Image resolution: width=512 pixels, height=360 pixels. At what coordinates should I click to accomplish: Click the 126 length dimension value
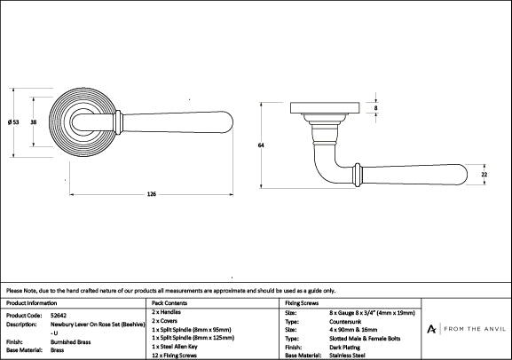(151, 195)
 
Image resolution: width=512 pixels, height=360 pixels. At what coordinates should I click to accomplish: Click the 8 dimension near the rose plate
(375, 108)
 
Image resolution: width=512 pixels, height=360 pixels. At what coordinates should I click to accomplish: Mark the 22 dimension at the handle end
(484, 176)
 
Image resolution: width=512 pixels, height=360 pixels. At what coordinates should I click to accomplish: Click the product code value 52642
(59, 315)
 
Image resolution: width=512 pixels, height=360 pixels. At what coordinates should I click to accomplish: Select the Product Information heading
(32, 303)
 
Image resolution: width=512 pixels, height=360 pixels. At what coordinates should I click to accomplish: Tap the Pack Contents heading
(170, 303)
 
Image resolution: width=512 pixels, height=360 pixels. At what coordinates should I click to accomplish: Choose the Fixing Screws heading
(303, 303)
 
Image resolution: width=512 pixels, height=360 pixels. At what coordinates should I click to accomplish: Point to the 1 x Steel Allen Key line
(180, 347)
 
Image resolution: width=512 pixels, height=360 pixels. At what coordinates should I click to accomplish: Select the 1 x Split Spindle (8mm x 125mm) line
(195, 339)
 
